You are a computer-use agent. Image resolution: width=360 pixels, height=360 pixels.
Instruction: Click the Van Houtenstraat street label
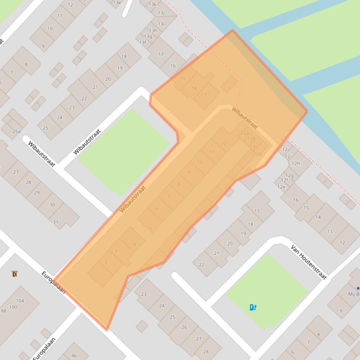click(x=309, y=262)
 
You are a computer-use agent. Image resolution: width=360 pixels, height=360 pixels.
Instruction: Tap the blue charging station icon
click(x=253, y=307)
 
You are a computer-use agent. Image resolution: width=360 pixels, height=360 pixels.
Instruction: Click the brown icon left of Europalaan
click(x=15, y=274)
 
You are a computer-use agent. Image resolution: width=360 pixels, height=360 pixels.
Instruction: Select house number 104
click(x=20, y=301)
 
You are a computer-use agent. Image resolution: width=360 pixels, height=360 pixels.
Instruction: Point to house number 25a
click(x=16, y=131)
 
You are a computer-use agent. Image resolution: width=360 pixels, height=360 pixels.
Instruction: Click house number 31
click(x=56, y=222)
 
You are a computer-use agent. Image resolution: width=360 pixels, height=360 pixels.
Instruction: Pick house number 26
click(x=184, y=327)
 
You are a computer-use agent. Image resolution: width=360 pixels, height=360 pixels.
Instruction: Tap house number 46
click(x=74, y=356)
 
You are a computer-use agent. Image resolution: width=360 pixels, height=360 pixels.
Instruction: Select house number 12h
click(x=295, y=164)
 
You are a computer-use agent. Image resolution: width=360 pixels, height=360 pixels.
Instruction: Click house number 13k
click(x=153, y=4)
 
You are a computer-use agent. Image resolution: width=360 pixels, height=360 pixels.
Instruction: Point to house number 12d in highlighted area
click(x=257, y=154)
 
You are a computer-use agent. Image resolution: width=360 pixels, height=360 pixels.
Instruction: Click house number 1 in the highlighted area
click(x=102, y=281)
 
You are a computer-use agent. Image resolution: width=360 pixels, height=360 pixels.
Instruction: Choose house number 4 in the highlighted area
click(x=134, y=244)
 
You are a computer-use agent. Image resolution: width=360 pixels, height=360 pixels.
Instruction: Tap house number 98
click(x=3, y=311)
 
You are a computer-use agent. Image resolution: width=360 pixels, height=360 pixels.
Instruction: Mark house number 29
click(x=37, y=193)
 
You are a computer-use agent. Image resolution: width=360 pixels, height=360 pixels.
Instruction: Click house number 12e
click(x=281, y=187)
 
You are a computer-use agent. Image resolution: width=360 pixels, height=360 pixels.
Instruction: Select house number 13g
click(x=148, y=36)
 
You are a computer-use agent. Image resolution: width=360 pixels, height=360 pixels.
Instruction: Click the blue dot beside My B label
click(x=358, y=288)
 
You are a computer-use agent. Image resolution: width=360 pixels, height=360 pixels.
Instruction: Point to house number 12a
click(x=244, y=133)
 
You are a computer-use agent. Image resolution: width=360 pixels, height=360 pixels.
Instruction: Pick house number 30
click(x=52, y=205)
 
